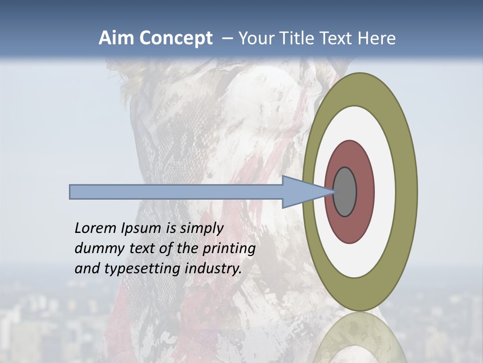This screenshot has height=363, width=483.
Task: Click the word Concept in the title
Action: [176, 38]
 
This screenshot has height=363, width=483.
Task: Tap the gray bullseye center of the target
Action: [345, 192]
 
